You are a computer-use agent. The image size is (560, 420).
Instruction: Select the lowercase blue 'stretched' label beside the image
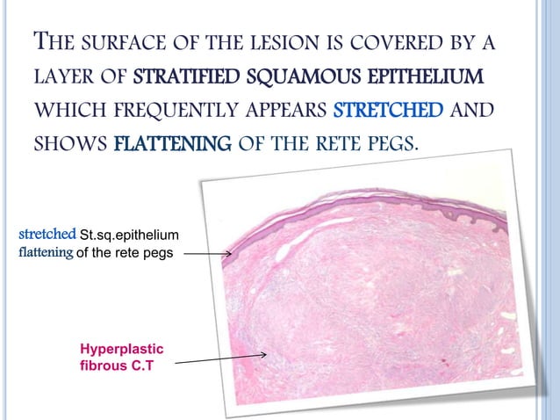pos(47,235)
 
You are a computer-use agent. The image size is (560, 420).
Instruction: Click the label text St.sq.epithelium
pos(130,235)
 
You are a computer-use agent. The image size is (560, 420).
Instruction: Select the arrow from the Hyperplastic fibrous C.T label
pos(226,358)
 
